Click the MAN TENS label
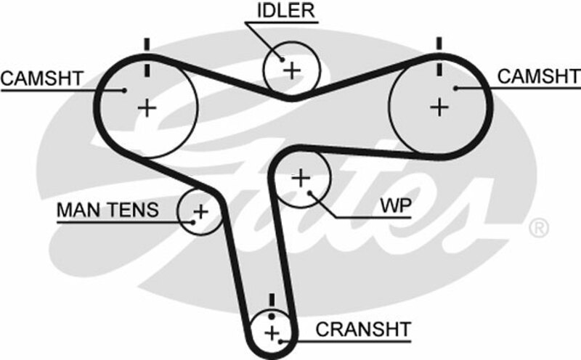click(107, 210)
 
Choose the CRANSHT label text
click(363, 329)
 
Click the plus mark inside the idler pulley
click(291, 70)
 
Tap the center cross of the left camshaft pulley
click(147, 108)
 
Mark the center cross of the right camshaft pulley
click(439, 107)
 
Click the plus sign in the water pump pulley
click(301, 177)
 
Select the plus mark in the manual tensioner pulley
click(200, 212)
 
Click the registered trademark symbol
click(538, 230)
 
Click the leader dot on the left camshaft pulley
click(124, 91)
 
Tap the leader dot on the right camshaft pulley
click(456, 89)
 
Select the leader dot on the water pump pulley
click(311, 193)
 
